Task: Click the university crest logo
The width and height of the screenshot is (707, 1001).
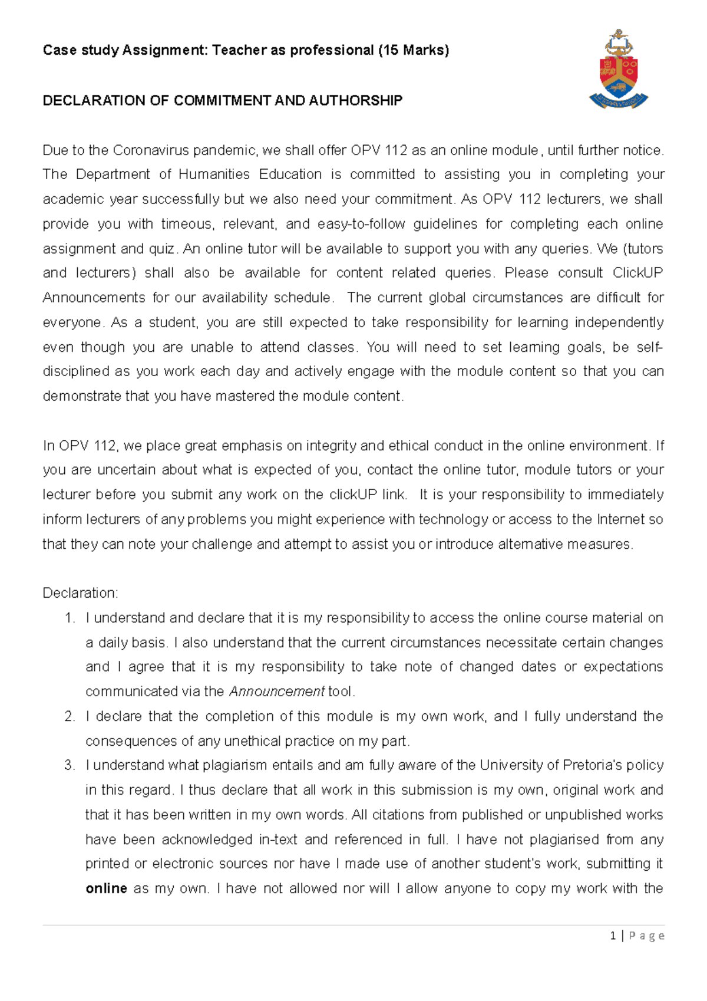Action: point(618,70)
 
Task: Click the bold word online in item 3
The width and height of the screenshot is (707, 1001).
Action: point(106,888)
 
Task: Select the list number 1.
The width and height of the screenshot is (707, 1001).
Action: point(70,618)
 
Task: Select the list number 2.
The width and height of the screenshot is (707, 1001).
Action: point(70,716)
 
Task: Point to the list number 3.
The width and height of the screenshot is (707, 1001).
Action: point(70,765)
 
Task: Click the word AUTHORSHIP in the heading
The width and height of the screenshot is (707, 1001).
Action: point(355,100)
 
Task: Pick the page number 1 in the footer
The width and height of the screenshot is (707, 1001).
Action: point(613,936)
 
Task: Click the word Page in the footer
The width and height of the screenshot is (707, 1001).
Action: point(647,936)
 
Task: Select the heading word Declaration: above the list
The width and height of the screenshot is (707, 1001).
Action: point(80,593)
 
